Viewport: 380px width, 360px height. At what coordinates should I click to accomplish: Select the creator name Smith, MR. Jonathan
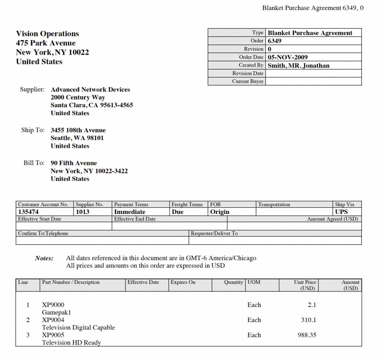(x=298, y=65)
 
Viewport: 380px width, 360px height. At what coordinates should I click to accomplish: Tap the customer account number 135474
(x=28, y=212)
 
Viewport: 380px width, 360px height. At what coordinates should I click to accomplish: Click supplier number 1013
(x=83, y=212)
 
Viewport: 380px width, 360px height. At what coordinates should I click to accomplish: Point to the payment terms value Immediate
(x=130, y=212)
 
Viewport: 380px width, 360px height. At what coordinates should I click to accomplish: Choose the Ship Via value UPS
(x=341, y=212)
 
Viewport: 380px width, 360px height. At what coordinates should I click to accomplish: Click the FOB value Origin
(x=220, y=212)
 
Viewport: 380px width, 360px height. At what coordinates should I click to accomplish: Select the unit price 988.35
(x=307, y=335)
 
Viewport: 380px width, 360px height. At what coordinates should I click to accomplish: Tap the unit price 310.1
(x=308, y=320)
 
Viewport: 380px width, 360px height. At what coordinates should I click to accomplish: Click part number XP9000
(x=53, y=305)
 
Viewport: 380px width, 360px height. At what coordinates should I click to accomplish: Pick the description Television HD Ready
(x=71, y=343)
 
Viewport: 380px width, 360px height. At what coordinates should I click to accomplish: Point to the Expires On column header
(x=183, y=282)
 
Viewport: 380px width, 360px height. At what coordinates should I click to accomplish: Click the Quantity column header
(x=233, y=282)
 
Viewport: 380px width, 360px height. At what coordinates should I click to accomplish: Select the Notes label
(x=44, y=258)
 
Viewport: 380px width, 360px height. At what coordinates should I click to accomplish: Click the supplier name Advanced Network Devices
(x=90, y=90)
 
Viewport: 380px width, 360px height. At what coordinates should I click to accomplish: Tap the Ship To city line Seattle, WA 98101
(x=77, y=138)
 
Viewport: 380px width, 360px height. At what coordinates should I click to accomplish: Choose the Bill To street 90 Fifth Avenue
(x=73, y=163)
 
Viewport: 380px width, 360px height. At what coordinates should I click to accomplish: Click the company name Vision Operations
(x=47, y=34)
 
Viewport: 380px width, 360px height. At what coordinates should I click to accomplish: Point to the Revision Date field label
(x=248, y=73)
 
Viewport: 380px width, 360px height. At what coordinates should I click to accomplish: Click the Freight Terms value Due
(x=177, y=212)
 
